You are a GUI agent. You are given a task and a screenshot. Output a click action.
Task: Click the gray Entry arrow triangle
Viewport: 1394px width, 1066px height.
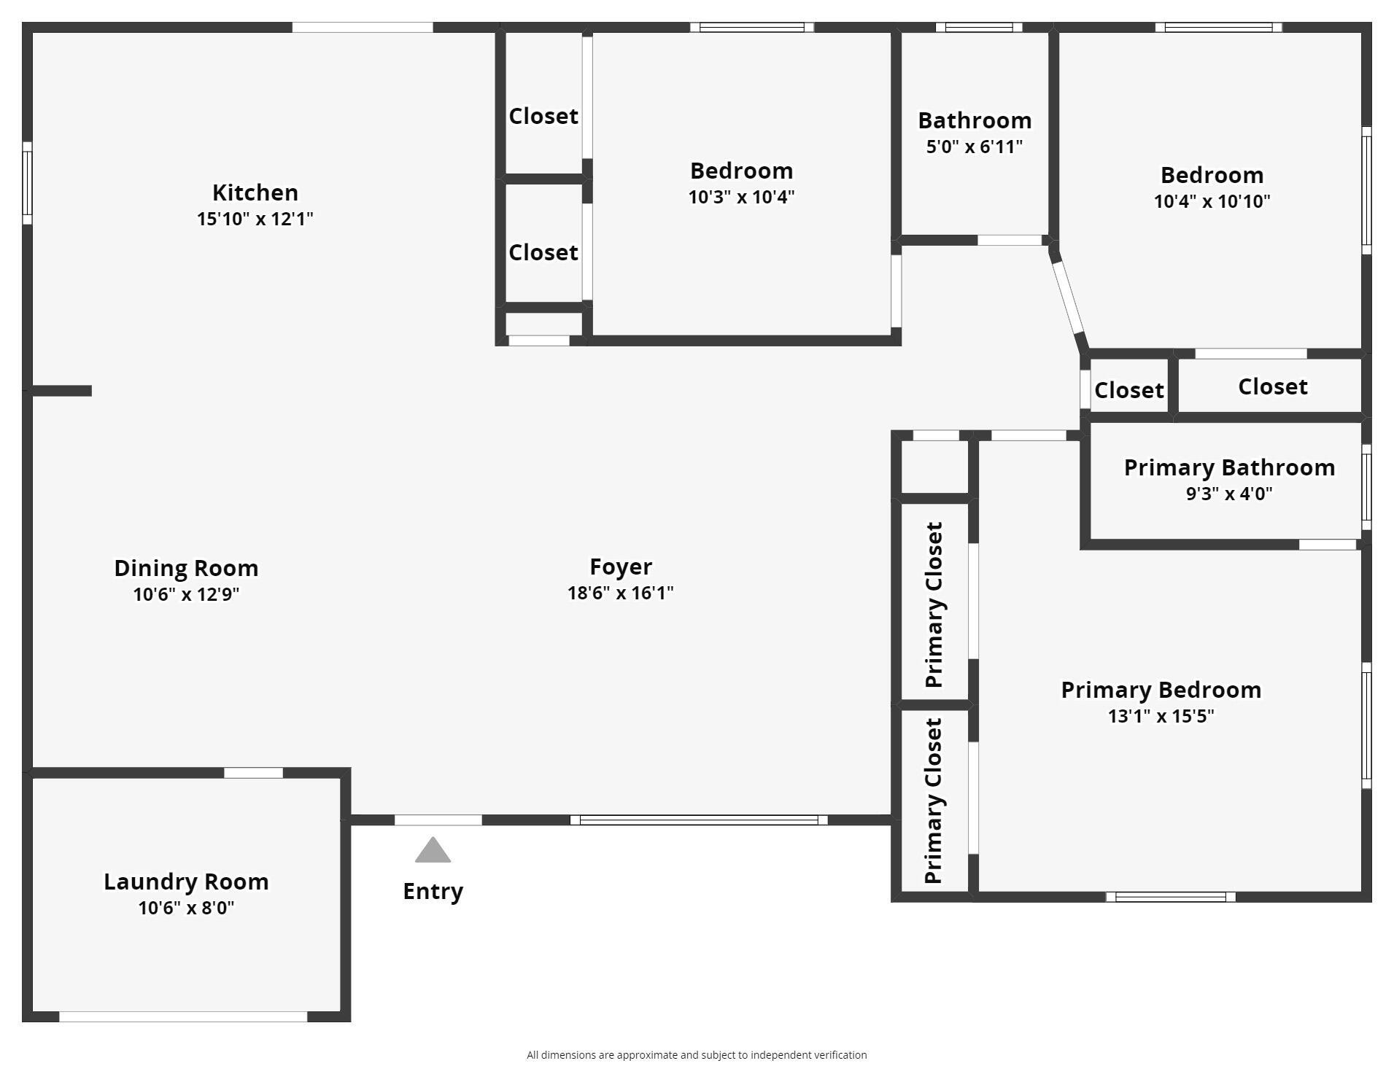tap(433, 850)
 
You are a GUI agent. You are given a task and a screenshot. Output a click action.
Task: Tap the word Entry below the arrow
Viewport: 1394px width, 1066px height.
tap(433, 891)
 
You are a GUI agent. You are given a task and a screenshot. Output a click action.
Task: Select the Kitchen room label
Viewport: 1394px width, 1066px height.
tap(255, 192)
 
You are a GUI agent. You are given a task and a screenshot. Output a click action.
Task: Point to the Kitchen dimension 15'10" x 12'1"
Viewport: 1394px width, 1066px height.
tap(255, 219)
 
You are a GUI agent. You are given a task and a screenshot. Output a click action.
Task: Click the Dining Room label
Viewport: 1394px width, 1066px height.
tap(186, 568)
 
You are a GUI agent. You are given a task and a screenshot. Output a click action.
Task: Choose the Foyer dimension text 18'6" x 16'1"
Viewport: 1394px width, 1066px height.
tap(621, 593)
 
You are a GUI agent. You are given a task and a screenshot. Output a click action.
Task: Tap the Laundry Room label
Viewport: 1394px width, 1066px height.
tap(186, 882)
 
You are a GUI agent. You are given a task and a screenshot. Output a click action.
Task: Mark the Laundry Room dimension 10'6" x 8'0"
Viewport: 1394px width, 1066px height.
tap(186, 908)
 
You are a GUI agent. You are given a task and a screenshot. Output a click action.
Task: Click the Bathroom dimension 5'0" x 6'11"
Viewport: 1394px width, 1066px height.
tap(975, 147)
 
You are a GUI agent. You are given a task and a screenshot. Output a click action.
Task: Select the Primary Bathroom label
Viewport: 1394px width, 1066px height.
tap(1229, 467)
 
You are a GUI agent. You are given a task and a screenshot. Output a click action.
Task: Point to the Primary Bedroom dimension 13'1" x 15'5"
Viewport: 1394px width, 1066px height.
tap(1161, 716)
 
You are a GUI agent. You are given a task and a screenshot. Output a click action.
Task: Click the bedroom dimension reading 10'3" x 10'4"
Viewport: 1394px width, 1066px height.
tap(741, 197)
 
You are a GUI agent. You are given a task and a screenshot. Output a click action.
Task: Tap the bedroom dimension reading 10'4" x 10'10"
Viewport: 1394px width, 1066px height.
tap(1212, 201)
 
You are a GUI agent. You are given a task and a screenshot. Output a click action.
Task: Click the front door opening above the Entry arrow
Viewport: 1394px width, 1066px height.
tap(438, 820)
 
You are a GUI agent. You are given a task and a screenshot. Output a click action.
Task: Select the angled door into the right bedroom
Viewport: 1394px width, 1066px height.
tap(1069, 297)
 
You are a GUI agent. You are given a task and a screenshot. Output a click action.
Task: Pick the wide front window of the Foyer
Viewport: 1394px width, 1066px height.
tap(699, 820)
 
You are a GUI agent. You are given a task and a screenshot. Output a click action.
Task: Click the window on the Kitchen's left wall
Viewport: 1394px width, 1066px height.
tap(27, 183)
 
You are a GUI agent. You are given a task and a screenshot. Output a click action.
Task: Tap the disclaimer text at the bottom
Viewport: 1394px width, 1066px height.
tap(697, 1055)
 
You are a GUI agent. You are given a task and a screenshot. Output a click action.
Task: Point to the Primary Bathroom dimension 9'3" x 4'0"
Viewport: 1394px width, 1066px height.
tap(1229, 494)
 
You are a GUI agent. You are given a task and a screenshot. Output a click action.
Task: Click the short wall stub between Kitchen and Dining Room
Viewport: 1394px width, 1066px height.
tap(62, 391)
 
